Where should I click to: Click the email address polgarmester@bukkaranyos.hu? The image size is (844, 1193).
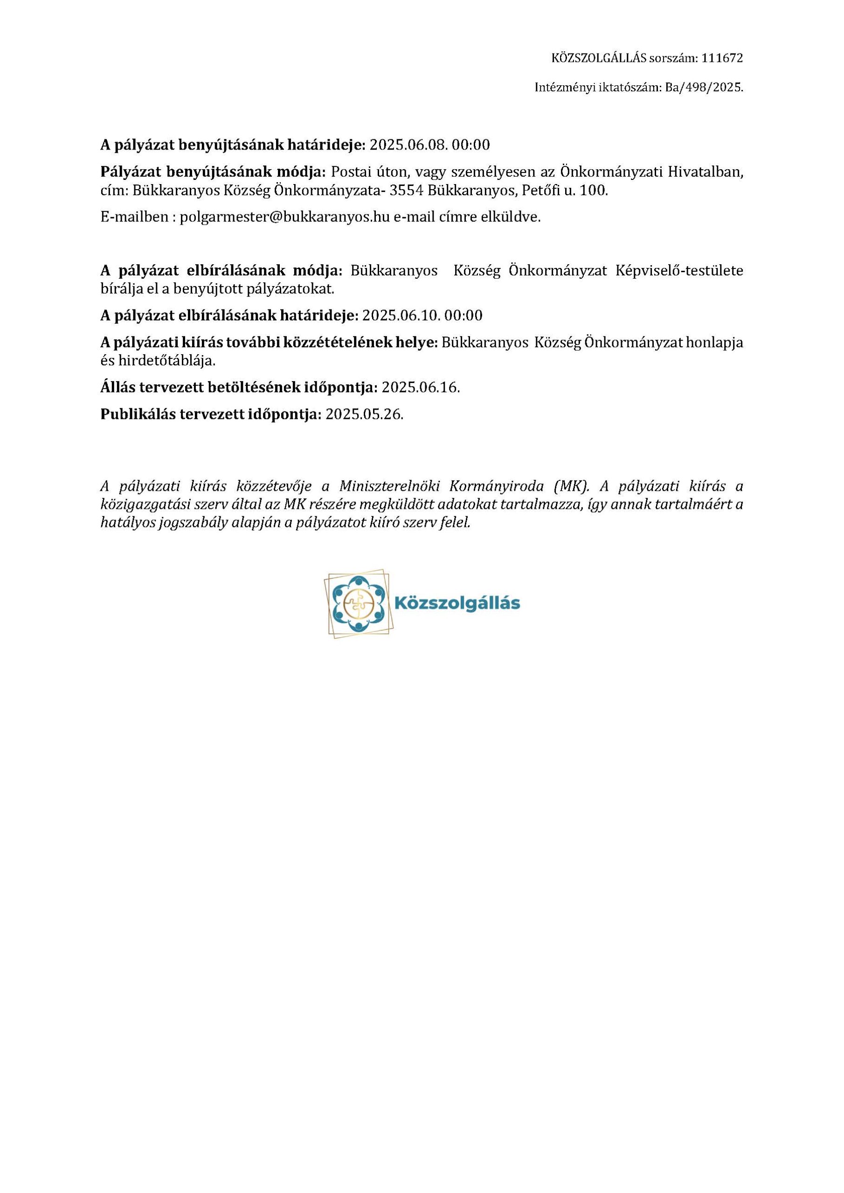coord(284,217)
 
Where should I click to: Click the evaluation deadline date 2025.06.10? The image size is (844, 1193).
coord(401,315)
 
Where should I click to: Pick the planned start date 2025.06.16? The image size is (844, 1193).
coord(421,387)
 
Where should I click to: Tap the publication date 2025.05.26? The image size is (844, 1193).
coord(364,414)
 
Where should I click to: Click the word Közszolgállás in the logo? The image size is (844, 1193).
coord(457,603)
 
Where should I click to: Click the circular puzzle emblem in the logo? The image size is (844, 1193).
coord(358,603)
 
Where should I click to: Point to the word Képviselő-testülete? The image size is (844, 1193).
coord(679,271)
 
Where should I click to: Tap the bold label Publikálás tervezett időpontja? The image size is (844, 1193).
coord(211,414)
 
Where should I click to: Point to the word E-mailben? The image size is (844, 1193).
coord(134,217)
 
